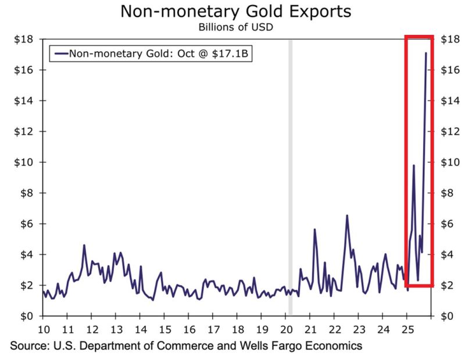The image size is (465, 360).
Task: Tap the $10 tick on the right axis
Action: click(450, 163)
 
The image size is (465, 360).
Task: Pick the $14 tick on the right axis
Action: click(450, 101)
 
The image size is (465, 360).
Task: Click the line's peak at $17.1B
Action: click(426, 53)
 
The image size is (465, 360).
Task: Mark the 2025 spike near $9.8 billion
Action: click(413, 165)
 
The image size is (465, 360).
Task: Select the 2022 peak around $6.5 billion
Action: click(347, 215)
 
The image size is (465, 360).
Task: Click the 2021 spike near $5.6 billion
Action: click(314, 229)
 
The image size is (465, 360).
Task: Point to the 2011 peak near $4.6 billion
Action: click(84, 245)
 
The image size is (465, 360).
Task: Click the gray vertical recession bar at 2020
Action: click(290, 174)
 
